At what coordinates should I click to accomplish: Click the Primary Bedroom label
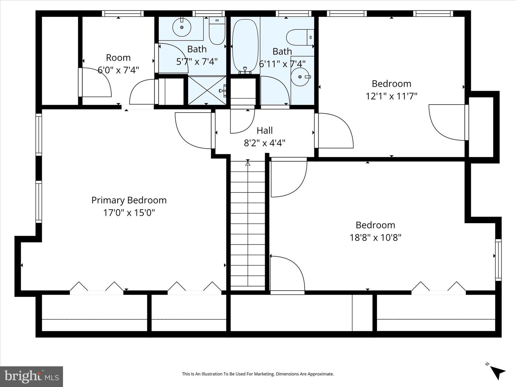129,200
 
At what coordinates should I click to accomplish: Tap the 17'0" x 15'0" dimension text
129,213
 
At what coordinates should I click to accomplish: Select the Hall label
265,131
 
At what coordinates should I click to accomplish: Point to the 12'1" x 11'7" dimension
391,96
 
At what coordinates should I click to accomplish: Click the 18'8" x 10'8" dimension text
376,238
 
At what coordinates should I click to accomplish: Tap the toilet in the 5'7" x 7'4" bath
217,31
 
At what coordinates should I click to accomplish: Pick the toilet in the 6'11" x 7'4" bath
300,37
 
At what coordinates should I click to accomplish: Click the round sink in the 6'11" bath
300,77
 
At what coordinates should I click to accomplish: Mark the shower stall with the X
207,90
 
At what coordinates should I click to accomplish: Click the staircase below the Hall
248,225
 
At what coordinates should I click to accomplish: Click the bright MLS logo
32,377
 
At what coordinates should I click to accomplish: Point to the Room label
118,58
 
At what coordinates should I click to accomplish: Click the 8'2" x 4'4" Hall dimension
265,143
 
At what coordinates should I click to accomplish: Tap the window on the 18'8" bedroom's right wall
498,260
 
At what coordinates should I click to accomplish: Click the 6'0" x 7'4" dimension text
118,70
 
